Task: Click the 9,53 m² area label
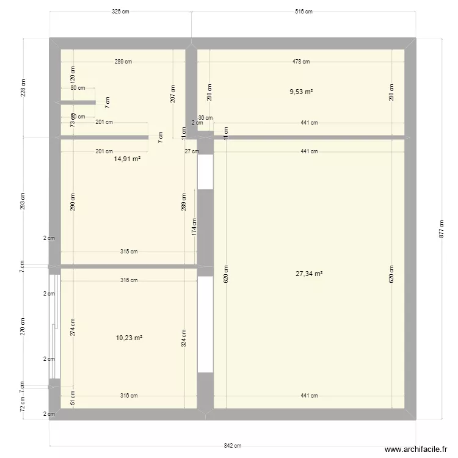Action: [301, 92]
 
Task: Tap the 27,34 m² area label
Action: [309, 274]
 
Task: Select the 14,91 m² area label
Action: [128, 159]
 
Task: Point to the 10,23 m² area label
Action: [129, 337]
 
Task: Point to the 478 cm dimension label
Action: [301, 61]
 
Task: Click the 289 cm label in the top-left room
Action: [123, 61]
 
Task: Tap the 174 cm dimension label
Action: [194, 227]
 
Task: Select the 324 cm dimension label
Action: [184, 337]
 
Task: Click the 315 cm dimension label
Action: [129, 252]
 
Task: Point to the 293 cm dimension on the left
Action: [23, 202]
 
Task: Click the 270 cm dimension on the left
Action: [23, 327]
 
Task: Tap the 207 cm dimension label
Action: [173, 93]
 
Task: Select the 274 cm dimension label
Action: [73, 329]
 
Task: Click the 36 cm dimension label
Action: [206, 118]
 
